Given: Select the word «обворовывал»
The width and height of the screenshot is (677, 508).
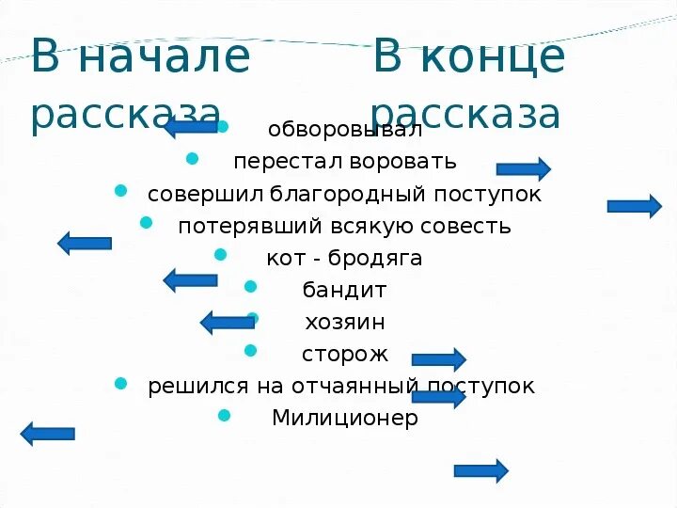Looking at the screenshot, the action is point(345,129).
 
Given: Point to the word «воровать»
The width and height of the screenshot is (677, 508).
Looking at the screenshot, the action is point(403,162).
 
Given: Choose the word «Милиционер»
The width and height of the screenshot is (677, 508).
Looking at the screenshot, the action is point(344,419).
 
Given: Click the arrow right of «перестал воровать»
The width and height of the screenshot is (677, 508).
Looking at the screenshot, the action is point(523,169).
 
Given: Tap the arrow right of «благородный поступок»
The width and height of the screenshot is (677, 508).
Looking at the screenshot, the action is point(634,206).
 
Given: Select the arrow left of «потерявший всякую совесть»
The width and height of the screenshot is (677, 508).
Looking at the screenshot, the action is point(85,243).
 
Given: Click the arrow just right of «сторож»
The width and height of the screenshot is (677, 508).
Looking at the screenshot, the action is point(438,358).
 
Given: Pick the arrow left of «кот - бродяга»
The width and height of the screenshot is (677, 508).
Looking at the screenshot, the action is point(190,279).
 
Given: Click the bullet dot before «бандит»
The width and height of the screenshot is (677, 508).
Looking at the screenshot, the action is point(250,287).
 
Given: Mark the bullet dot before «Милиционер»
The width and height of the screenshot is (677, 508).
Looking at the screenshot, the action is point(223,414).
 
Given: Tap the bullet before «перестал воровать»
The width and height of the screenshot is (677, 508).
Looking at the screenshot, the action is point(192,158).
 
